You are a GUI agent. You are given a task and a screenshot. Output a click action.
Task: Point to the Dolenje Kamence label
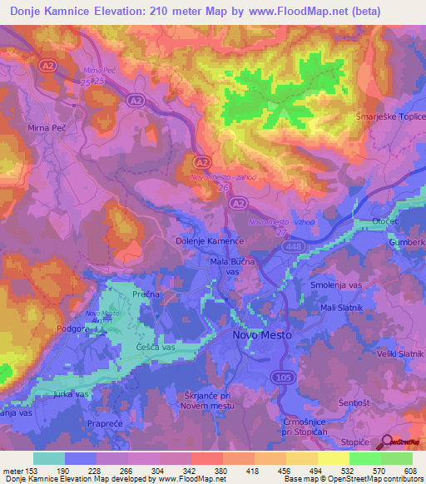pyautogui.click(x=210, y=240)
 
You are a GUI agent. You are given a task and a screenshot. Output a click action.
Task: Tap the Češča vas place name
pyautogui.click(x=155, y=346)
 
